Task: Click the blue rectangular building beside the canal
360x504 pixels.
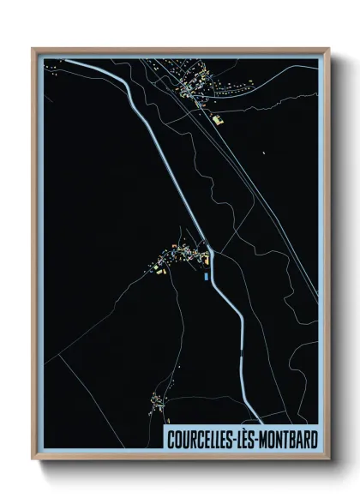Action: click(205, 276)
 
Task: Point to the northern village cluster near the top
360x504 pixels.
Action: click(189, 86)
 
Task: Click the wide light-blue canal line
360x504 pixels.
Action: click(154, 137)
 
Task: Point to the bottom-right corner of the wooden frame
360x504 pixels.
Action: click(330, 461)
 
